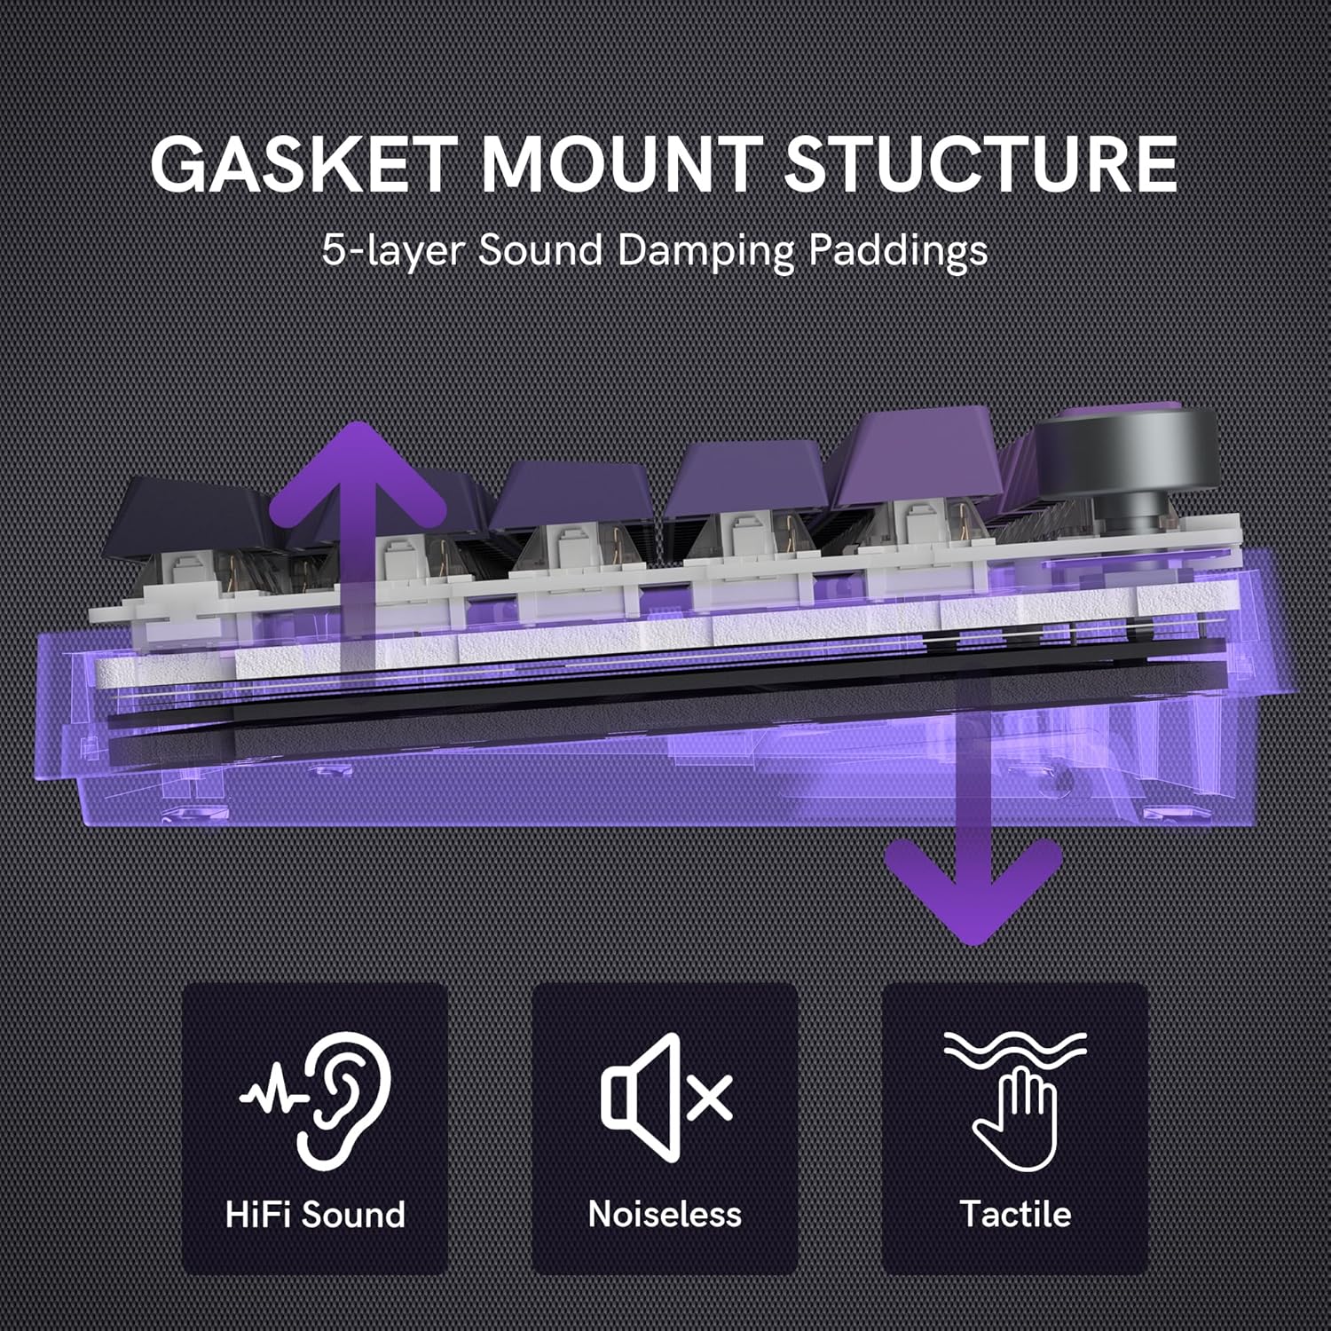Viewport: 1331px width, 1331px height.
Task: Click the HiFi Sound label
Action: pyautogui.click(x=315, y=1214)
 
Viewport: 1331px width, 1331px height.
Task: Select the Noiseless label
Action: pyautogui.click(x=665, y=1214)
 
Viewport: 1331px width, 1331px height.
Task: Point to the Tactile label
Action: pyautogui.click(x=1015, y=1214)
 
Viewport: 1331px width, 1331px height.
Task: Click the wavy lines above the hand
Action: pyautogui.click(x=1015, y=1051)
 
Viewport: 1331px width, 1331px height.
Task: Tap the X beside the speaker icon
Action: pyautogui.click(x=709, y=1098)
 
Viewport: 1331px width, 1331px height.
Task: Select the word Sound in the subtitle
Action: pyautogui.click(x=540, y=250)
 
